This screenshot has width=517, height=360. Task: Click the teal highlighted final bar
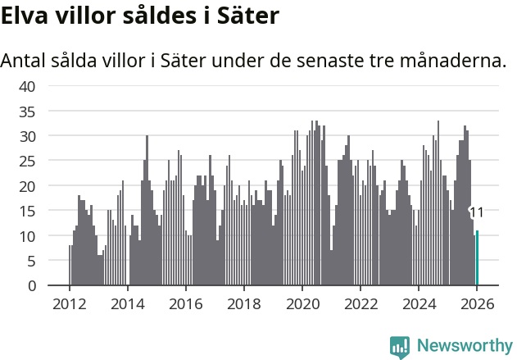click(478, 258)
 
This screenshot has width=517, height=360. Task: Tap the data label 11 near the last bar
click(476, 213)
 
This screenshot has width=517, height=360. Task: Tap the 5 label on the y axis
click(31, 261)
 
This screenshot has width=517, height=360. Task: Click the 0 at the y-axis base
click(31, 286)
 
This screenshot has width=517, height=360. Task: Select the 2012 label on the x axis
click(69, 303)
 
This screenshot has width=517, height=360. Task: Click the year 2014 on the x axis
click(127, 303)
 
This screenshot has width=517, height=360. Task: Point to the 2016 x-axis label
click(185, 303)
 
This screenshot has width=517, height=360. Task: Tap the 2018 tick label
click(243, 303)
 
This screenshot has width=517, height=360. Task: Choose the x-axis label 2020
click(302, 303)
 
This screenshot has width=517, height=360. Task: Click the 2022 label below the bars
click(361, 303)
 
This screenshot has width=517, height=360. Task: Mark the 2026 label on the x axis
click(477, 303)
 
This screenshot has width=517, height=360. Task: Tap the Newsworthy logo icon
click(400, 347)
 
